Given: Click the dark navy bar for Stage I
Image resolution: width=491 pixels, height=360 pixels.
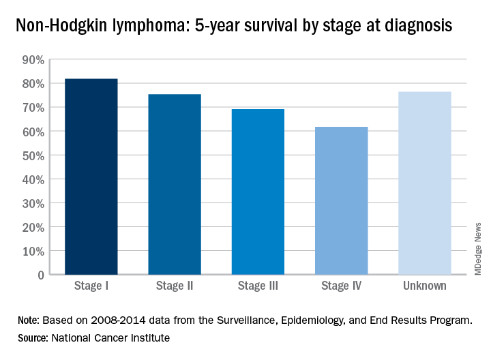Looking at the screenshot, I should tap(91, 177).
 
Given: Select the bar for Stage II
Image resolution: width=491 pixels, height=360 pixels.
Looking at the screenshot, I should tap(174, 184).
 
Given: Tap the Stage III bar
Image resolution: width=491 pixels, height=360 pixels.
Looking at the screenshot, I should tap(258, 192).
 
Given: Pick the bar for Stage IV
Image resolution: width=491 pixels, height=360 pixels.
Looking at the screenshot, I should tap(341, 200).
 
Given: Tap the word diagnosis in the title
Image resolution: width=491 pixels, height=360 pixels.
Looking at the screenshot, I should tap(419, 27).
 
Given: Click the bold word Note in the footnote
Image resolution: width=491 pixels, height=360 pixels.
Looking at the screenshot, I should tap(29, 320).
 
